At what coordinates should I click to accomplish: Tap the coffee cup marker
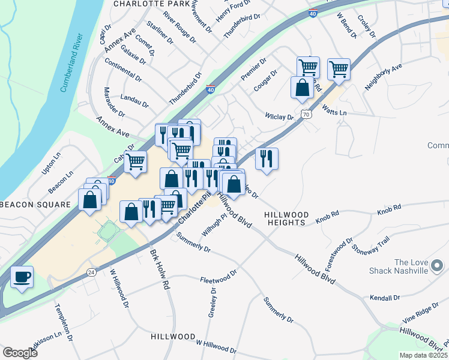(22, 277)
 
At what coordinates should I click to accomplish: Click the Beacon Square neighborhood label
(35, 204)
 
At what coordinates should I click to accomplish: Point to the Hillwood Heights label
(287, 218)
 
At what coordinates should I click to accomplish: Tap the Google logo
(20, 353)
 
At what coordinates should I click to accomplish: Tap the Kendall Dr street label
(385, 298)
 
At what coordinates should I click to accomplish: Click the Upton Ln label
(52, 163)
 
